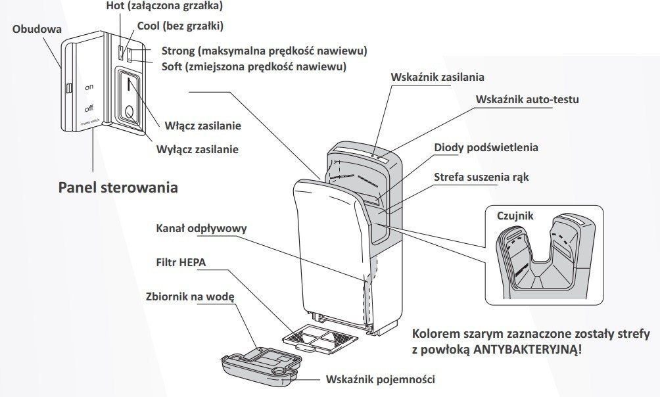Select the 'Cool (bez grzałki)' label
(x=179, y=27)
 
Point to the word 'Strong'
(x=178, y=51)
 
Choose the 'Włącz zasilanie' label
(x=202, y=125)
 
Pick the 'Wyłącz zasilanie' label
(x=197, y=149)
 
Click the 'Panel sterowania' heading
(x=118, y=187)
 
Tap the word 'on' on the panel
(x=89, y=87)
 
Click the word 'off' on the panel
(x=89, y=108)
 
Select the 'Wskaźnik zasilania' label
(x=438, y=77)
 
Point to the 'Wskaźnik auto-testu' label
(x=528, y=100)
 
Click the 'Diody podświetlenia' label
(x=486, y=147)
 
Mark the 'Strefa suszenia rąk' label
(x=481, y=177)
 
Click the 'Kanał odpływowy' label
(x=202, y=228)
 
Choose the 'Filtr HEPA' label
(x=181, y=262)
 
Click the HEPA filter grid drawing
(x=320, y=340)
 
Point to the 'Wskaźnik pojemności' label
(x=380, y=379)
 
